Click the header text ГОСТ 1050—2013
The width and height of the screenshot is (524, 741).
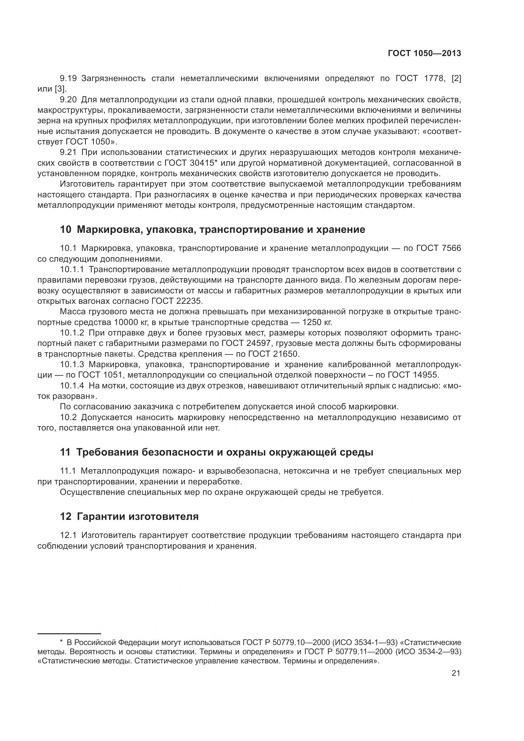[424, 54]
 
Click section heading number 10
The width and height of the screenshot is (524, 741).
[66, 229]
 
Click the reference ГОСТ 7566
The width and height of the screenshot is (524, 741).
[438, 248]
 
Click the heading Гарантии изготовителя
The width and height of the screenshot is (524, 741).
[138, 516]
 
